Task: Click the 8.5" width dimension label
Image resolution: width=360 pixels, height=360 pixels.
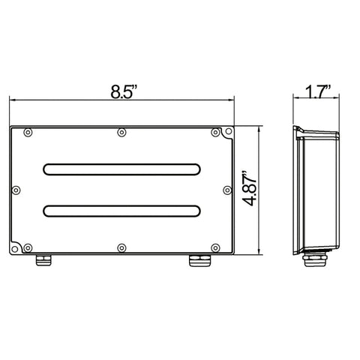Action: pyautogui.click(x=124, y=91)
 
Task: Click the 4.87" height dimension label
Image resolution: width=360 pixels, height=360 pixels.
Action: pyautogui.click(x=250, y=188)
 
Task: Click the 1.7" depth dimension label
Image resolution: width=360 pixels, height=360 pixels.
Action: pyautogui.click(x=318, y=91)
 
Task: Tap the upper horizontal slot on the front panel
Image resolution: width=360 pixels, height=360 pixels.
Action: pyautogui.click(x=121, y=169)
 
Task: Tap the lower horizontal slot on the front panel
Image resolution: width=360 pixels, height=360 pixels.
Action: pyautogui.click(x=121, y=211)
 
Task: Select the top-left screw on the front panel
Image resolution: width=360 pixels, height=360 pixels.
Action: pyautogui.click(x=28, y=133)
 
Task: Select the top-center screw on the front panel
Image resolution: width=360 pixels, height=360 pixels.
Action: pyautogui.click(x=121, y=133)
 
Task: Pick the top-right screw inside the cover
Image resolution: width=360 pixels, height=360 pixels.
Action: pyautogui.click(x=215, y=133)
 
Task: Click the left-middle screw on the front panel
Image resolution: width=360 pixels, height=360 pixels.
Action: pyautogui.click(x=16, y=190)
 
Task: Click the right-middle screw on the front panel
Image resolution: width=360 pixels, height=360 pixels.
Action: pyautogui.click(x=227, y=190)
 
